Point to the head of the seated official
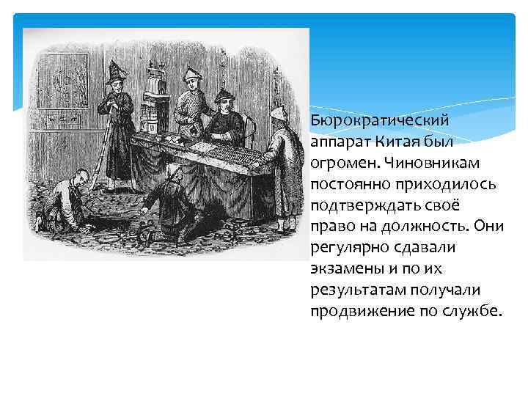224,102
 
